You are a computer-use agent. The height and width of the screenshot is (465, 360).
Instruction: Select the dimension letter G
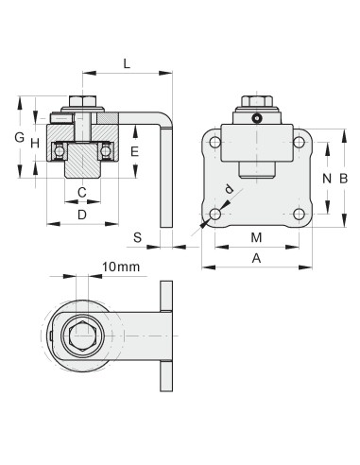[x=19, y=138]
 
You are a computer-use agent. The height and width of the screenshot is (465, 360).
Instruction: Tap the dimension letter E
[x=134, y=151]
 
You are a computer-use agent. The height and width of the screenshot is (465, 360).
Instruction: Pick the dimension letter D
[x=82, y=215]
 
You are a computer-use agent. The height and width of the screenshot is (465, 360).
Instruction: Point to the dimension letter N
[x=326, y=178]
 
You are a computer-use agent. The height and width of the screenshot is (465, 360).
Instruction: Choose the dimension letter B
[x=344, y=178]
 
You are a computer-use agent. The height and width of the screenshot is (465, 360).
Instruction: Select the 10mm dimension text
[x=120, y=267]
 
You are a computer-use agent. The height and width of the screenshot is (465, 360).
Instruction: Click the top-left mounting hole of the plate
[x=215, y=143]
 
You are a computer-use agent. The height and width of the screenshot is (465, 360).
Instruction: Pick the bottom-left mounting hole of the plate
[x=215, y=215]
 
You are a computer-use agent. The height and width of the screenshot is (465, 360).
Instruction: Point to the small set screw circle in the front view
[x=256, y=117]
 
